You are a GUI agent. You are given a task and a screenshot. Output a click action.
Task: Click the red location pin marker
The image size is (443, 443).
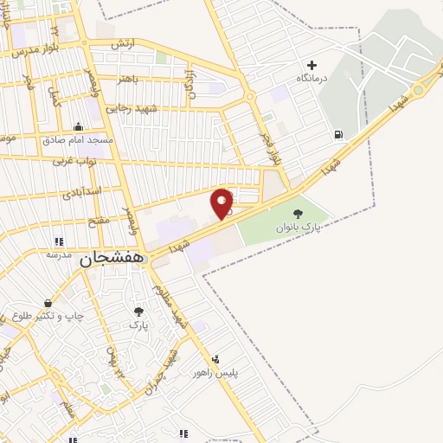[x=222, y=204]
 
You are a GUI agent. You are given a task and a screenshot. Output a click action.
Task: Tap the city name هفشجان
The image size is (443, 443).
[x=111, y=258]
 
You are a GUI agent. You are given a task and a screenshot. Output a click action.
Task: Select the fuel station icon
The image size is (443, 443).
[x=337, y=134]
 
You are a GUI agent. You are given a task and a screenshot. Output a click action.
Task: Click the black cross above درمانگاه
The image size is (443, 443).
[x=312, y=65]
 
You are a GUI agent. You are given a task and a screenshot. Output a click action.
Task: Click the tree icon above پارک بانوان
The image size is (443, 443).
[x=299, y=213]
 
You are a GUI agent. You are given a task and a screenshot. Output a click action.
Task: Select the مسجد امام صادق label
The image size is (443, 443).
[x=77, y=140]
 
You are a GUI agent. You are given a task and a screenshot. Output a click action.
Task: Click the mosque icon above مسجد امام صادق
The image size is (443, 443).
[x=78, y=127]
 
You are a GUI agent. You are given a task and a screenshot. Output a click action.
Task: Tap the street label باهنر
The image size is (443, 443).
[x=130, y=78]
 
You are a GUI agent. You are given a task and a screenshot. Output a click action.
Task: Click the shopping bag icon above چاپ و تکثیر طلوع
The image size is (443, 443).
[x=48, y=303]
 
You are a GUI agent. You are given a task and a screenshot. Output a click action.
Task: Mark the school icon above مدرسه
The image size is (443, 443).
[x=59, y=241]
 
